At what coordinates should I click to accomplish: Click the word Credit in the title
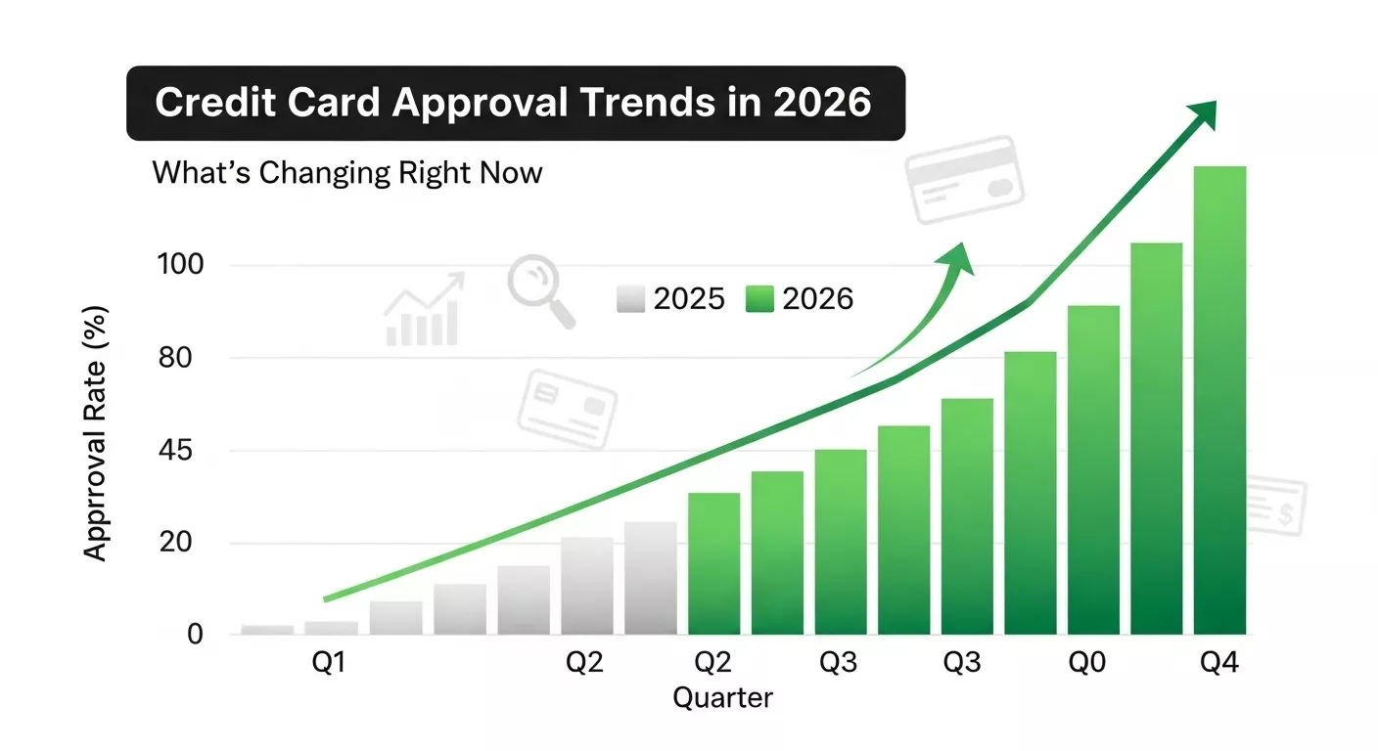(x=210, y=103)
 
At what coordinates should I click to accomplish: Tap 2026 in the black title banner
(x=822, y=103)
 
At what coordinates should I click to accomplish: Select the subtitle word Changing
(x=323, y=174)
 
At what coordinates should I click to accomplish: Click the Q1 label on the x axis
(x=329, y=664)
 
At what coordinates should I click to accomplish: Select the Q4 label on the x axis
(x=1219, y=664)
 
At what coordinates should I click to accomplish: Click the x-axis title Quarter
(x=723, y=698)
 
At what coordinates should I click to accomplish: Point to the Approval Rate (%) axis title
(x=95, y=433)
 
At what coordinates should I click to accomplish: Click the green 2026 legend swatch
(x=760, y=299)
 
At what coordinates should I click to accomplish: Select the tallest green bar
(x=1219, y=401)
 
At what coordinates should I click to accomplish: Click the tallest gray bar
(x=651, y=578)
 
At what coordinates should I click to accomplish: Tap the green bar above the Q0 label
(x=1093, y=469)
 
